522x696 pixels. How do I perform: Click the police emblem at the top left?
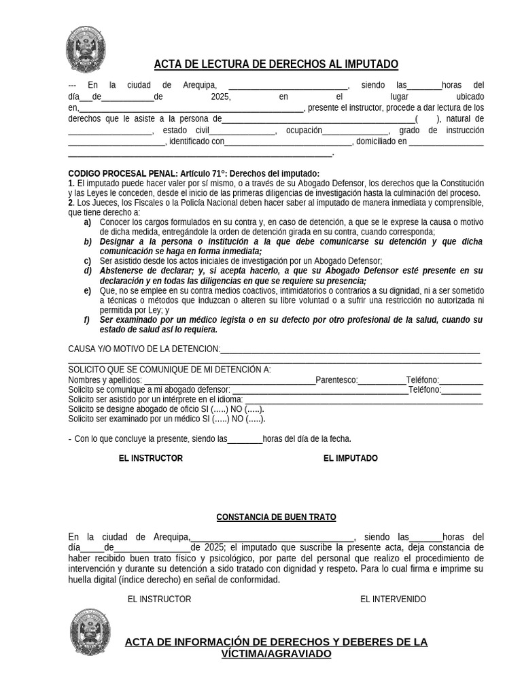coord(86,50)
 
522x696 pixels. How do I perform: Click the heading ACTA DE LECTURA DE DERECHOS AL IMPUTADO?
coord(276,64)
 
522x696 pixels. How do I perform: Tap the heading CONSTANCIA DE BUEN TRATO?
coord(276,517)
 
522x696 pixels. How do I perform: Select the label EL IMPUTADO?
coord(350,458)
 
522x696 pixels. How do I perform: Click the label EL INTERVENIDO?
coord(393,599)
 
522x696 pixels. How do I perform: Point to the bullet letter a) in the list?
coord(88,222)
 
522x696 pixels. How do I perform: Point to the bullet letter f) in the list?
coord(87,319)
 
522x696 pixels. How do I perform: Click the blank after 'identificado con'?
coord(288,143)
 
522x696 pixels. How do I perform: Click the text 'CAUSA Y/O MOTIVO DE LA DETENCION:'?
coord(144,349)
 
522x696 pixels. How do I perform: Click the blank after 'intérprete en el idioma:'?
coord(363,400)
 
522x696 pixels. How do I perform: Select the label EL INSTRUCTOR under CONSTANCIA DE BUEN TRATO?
coord(159,599)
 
